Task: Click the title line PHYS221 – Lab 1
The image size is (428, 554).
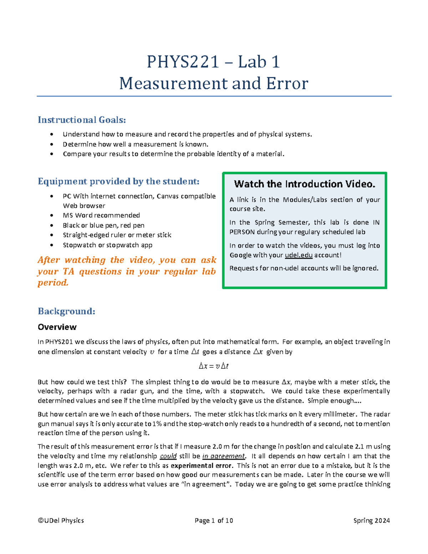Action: pyautogui.click(x=213, y=62)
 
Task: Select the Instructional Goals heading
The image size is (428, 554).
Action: pyautogui.click(x=82, y=120)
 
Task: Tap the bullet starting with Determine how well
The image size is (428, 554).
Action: pyautogui.click(x=135, y=144)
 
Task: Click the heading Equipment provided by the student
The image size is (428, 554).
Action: pyautogui.click(x=118, y=182)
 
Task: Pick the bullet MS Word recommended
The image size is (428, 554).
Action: pyautogui.click(x=101, y=215)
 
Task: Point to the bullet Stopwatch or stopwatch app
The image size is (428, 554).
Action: pyautogui.click(x=107, y=245)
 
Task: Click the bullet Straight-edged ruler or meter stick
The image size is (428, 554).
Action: pyautogui.click(x=117, y=235)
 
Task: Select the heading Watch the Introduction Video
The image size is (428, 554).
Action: pyautogui.click(x=305, y=184)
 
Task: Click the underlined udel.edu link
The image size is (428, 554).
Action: pyautogui.click(x=299, y=255)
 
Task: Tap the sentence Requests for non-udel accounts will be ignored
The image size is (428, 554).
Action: pyautogui.click(x=304, y=268)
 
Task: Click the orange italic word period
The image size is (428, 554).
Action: pyautogui.click(x=53, y=283)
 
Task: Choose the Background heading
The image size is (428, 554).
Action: pyautogui.click(x=66, y=311)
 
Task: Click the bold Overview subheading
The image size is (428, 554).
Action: pyautogui.click(x=57, y=327)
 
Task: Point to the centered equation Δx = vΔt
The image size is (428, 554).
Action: pyautogui.click(x=213, y=366)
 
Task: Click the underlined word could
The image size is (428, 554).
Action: pyautogui.click(x=168, y=456)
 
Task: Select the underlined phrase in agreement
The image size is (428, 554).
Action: pyautogui.click(x=224, y=456)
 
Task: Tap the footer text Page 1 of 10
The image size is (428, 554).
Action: pyautogui.click(x=214, y=520)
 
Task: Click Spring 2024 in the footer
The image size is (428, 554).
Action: pyautogui.click(x=371, y=520)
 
